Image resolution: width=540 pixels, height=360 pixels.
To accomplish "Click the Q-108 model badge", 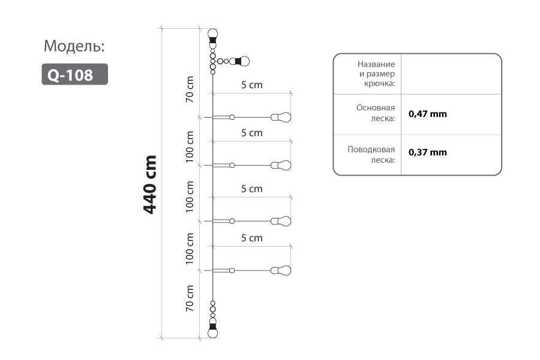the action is click(x=75, y=74).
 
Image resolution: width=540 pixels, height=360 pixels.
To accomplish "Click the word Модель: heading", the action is click(x=74, y=46).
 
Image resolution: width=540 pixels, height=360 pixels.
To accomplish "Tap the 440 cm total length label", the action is click(x=150, y=184).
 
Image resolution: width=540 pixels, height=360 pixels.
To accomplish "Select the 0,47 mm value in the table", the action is click(x=428, y=114).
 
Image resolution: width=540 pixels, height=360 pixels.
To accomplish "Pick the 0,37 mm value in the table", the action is click(x=428, y=152).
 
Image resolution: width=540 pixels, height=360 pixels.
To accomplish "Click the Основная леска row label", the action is click(x=376, y=113).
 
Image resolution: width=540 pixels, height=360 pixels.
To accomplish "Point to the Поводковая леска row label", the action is click(x=371, y=155).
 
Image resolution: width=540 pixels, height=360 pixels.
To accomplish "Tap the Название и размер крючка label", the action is click(x=376, y=74).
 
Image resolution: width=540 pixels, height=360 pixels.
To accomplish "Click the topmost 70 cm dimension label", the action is click(x=190, y=89).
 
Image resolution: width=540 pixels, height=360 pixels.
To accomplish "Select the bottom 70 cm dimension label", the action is click(x=190, y=298).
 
